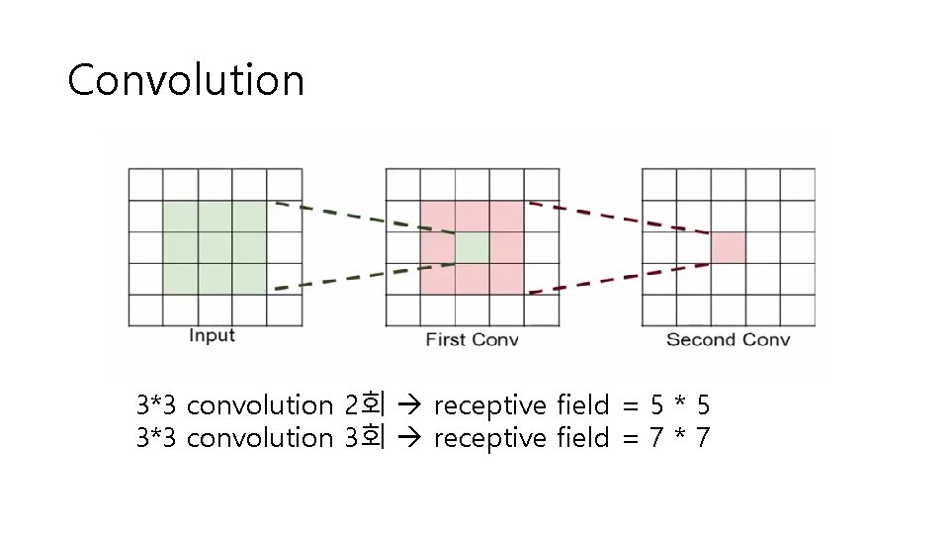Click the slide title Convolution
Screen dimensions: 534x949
click(186, 80)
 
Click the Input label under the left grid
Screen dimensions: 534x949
click(212, 336)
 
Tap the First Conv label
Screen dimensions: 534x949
click(472, 340)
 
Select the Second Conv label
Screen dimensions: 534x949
click(728, 340)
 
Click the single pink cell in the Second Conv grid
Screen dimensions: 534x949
click(728, 247)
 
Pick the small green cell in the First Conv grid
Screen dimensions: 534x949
click(473, 248)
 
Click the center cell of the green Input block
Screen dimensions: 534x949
click(216, 247)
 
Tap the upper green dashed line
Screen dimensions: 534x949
click(362, 219)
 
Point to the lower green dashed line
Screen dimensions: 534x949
click(362, 278)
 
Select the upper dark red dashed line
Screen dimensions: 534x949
click(619, 219)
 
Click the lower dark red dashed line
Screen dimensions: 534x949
click(619, 278)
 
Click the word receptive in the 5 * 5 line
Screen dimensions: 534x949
click(489, 405)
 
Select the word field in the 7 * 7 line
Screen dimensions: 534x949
click(582, 436)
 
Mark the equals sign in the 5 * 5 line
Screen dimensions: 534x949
click(630, 405)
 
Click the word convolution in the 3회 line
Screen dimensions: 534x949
click(259, 436)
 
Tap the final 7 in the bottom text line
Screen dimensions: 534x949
click(702, 436)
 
